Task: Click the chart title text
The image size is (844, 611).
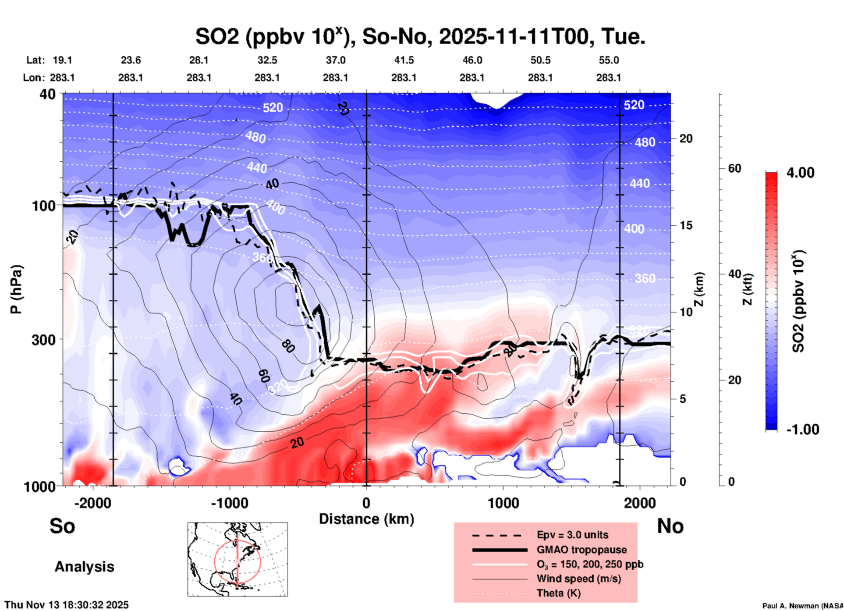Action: pyautogui.click(x=420, y=37)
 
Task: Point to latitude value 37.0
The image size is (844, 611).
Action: pyautogui.click(x=335, y=60)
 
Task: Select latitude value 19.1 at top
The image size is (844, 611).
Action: pyautogui.click(x=62, y=60)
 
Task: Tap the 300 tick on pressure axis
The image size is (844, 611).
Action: pyautogui.click(x=44, y=340)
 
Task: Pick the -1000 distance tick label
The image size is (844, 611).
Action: pyautogui.click(x=230, y=503)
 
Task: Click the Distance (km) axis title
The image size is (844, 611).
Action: pyautogui.click(x=366, y=519)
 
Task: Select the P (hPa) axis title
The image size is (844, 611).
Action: pyautogui.click(x=16, y=289)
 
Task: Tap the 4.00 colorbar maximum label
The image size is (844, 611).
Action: pyautogui.click(x=800, y=173)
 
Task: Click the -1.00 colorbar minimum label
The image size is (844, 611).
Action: pyautogui.click(x=802, y=430)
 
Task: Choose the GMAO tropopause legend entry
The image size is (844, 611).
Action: pyautogui.click(x=582, y=550)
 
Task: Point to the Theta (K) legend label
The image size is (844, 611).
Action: pyautogui.click(x=558, y=593)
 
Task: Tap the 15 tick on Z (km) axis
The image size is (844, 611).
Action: pyautogui.click(x=686, y=226)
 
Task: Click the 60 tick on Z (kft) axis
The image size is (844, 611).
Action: pyautogui.click(x=734, y=169)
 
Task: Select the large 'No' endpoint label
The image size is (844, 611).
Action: pyautogui.click(x=670, y=526)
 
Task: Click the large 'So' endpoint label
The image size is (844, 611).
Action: pyautogui.click(x=62, y=526)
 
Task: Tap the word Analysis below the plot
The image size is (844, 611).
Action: pyautogui.click(x=84, y=567)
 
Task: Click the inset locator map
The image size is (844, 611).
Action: pyautogui.click(x=238, y=559)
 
